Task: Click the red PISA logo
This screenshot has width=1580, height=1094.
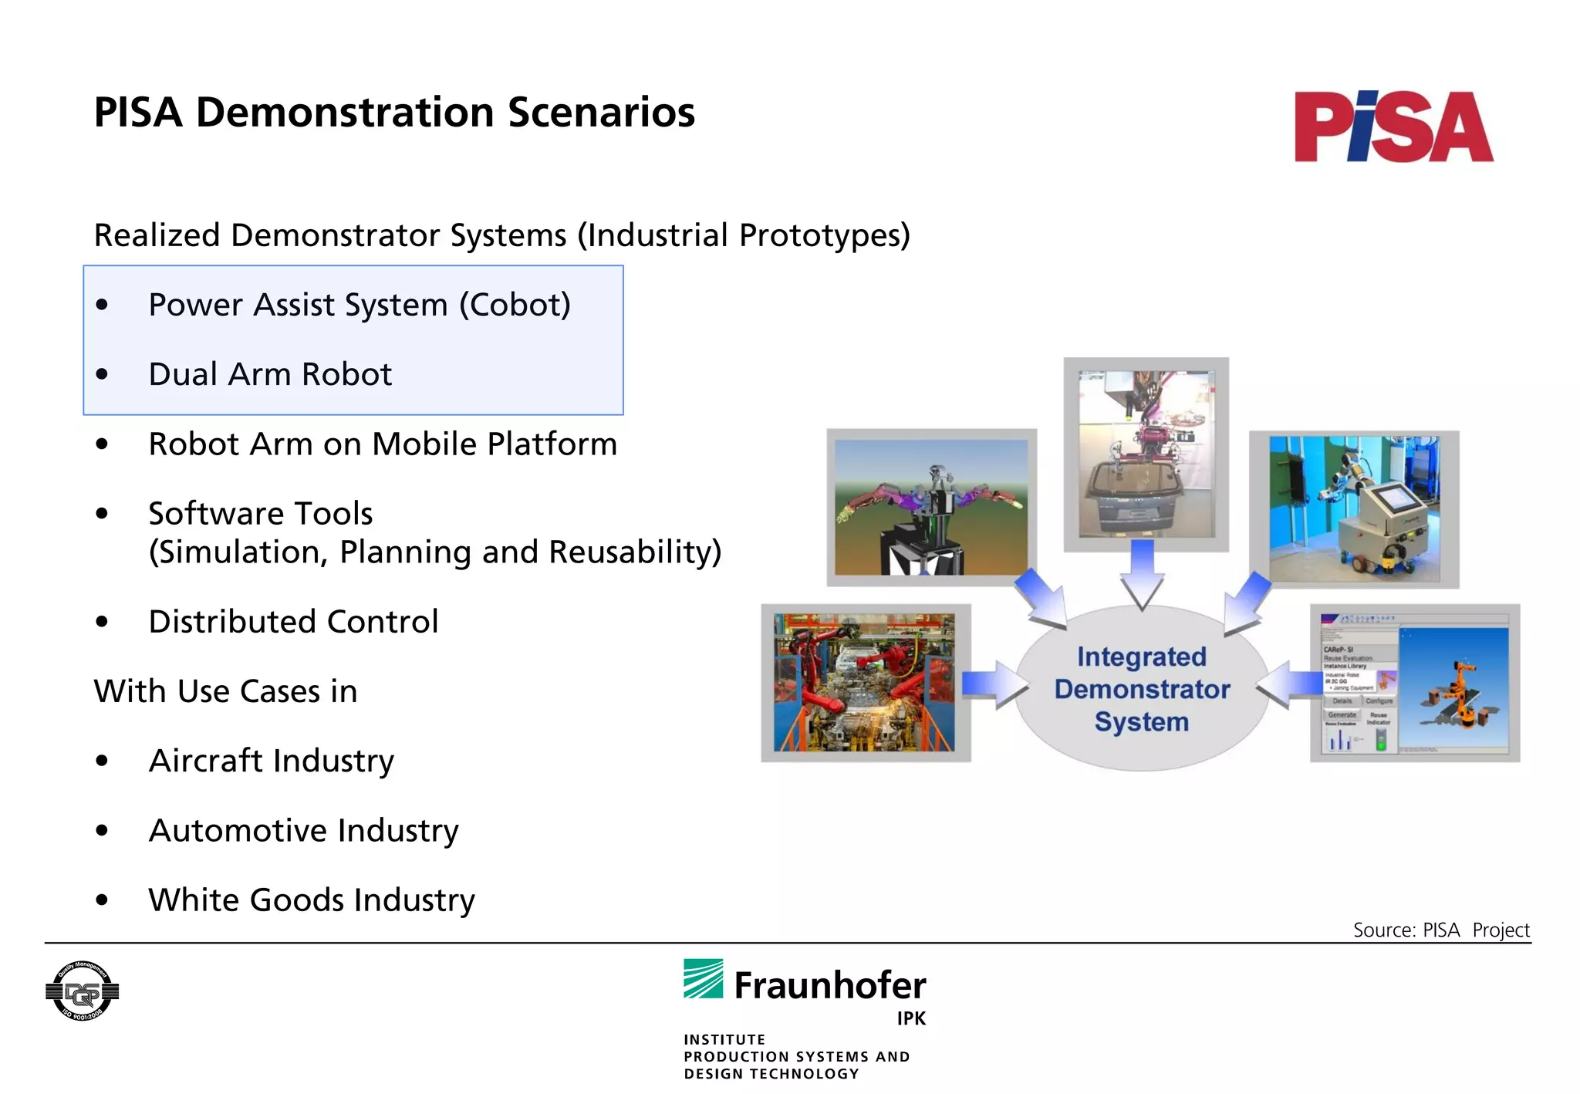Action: point(1393,127)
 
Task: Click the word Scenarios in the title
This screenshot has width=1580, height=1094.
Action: point(600,113)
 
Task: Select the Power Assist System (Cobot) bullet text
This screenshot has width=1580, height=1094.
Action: point(360,306)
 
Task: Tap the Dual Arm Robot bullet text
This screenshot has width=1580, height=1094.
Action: point(270,375)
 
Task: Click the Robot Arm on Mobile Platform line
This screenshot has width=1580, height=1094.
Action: point(383,444)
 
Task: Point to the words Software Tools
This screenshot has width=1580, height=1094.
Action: point(261,514)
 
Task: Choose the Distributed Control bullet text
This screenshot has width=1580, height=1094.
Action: point(293,622)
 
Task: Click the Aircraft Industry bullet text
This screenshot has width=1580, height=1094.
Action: point(271,761)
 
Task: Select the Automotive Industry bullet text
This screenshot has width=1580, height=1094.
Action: point(303,831)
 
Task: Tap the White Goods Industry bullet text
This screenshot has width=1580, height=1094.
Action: point(312,900)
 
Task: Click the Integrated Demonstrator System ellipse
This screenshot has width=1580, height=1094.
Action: point(1142,689)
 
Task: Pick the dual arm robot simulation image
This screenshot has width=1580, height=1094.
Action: point(931,508)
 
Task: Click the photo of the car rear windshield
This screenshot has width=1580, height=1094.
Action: point(1146,454)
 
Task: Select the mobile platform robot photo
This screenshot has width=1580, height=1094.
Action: point(1354,510)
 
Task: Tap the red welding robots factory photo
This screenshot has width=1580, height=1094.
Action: point(865,683)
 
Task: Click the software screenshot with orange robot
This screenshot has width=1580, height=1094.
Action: point(1415,684)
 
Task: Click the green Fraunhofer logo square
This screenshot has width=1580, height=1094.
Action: point(703,979)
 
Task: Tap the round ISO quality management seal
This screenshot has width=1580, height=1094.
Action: point(83,991)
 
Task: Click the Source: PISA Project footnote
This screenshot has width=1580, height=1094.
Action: point(1440,930)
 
